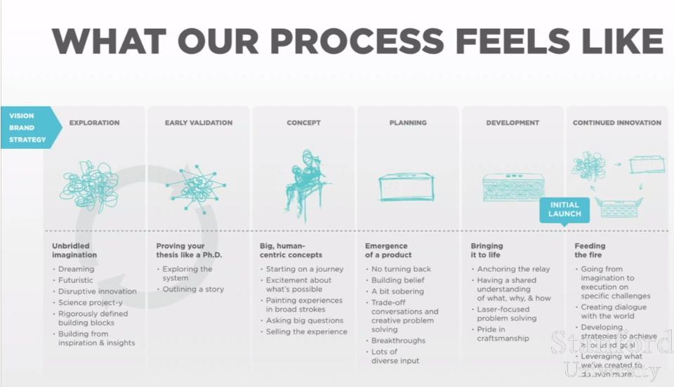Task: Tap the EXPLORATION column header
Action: tap(94, 123)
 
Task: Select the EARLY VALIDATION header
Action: tap(199, 123)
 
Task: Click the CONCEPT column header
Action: tap(303, 123)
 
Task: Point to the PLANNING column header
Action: tap(408, 123)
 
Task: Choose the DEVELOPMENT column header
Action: tap(513, 123)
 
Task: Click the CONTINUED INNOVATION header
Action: tap(616, 123)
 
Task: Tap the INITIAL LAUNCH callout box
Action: tap(564, 209)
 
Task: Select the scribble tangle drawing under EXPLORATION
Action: tap(90, 184)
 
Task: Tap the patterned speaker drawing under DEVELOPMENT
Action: tap(513, 188)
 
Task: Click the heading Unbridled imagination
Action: tap(74, 250)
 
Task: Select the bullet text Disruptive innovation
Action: tap(98, 291)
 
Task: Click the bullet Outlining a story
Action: tap(193, 289)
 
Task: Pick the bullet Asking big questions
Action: tap(305, 320)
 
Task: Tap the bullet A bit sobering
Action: tap(397, 291)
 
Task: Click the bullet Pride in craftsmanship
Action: tap(503, 334)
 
